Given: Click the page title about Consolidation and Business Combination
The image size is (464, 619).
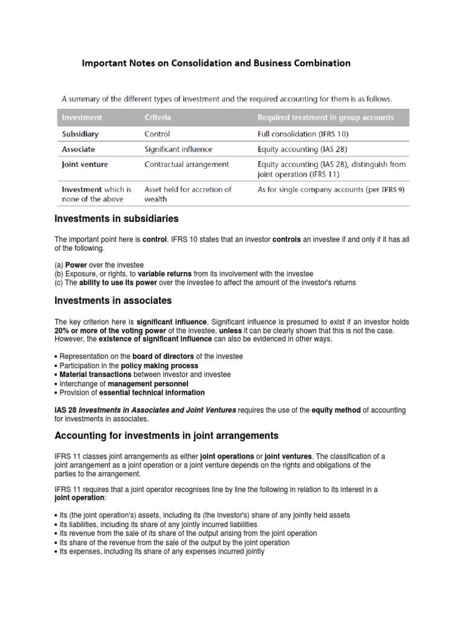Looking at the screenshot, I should [216, 63].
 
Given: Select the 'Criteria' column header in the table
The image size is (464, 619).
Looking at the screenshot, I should [158, 117].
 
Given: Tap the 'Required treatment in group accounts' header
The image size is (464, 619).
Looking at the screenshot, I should [326, 117].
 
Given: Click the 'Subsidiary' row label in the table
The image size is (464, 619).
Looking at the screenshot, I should [80, 134].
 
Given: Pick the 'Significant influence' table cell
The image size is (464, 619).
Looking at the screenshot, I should [178, 149].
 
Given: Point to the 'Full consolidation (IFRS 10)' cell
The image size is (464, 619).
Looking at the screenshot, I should [303, 134].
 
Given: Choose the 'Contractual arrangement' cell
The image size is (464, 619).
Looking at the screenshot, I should [187, 164].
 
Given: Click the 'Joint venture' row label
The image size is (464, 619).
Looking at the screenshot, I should [85, 164].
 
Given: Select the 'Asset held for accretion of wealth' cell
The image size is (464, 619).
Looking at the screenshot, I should [187, 194].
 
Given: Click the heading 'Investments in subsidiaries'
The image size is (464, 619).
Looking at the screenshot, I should [117, 219].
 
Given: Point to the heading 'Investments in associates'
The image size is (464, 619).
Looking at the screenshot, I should [113, 300].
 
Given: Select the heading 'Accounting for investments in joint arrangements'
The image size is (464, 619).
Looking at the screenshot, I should [167, 435].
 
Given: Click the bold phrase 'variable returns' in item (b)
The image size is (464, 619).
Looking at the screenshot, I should [170, 274].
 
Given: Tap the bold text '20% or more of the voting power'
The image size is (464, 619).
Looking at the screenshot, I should [107, 331].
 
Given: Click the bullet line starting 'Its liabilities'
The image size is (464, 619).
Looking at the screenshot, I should [158, 525].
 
